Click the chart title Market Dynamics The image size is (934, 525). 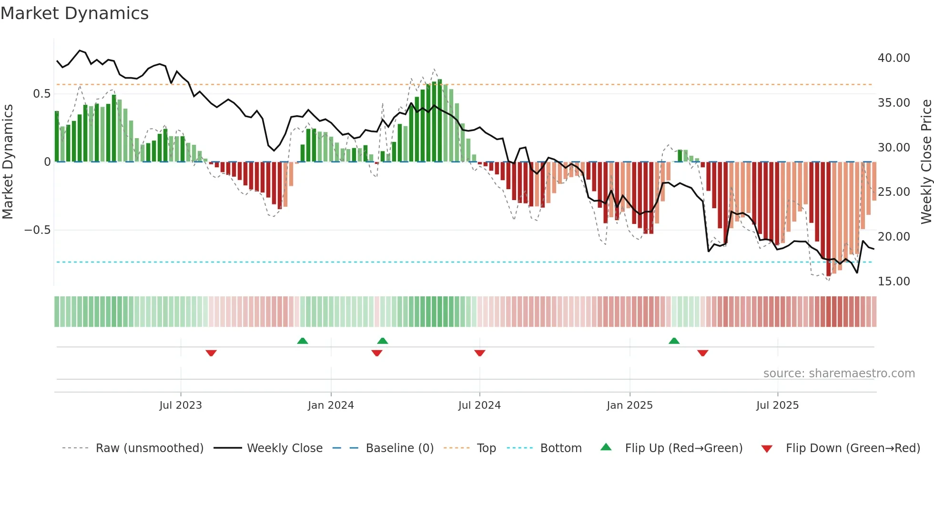[75, 13]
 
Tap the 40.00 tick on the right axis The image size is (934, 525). [893, 58]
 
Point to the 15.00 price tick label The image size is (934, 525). [893, 282]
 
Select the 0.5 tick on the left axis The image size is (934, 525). [41, 94]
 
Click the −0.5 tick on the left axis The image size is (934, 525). [37, 230]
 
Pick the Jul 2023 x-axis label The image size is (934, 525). [181, 405]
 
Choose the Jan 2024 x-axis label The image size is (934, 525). [331, 405]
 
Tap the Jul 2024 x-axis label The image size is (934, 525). [479, 405]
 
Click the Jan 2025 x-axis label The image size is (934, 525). [629, 405]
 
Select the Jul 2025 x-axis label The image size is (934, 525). [777, 405]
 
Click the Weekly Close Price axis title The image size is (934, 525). [926, 162]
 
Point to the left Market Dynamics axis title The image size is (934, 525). [8, 162]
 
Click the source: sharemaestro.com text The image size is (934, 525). [839, 374]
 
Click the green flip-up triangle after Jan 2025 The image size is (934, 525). [674, 341]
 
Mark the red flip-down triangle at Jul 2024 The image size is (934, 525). [480, 353]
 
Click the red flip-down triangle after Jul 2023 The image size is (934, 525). [211, 353]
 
